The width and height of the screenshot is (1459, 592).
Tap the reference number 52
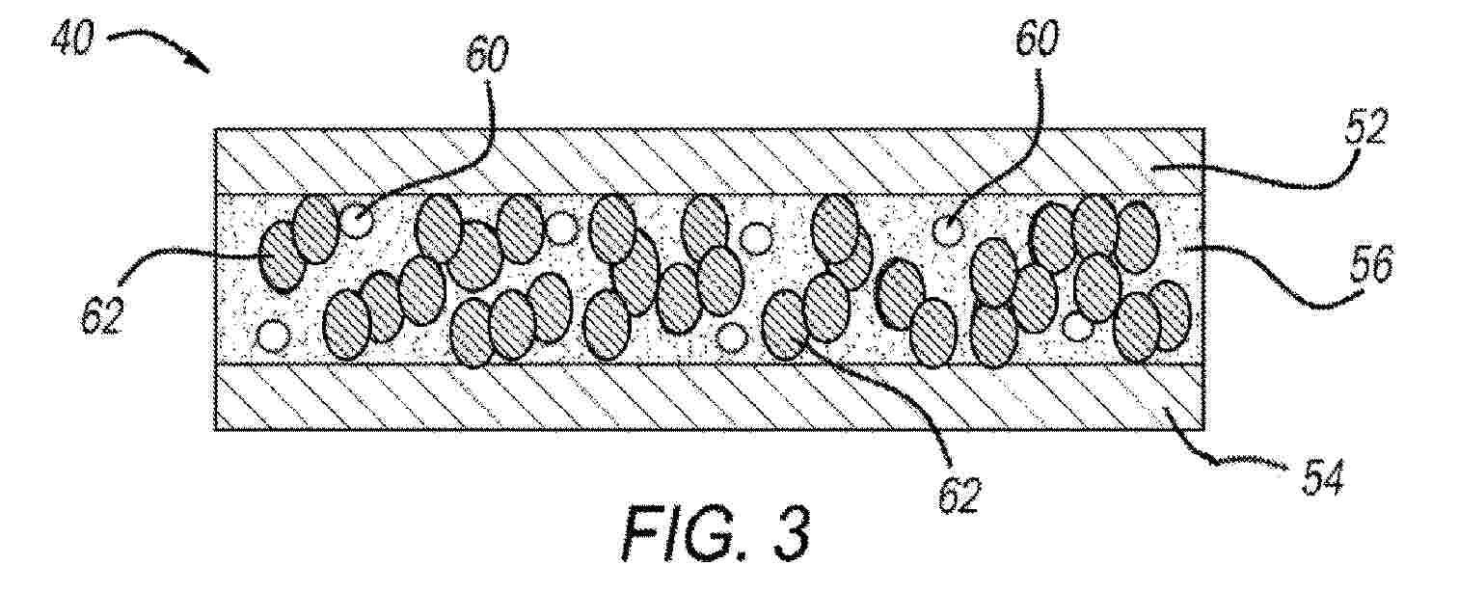[x=1365, y=129]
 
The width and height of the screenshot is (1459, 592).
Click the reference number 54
[x=1322, y=480]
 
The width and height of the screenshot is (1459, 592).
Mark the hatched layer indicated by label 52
[x=709, y=161]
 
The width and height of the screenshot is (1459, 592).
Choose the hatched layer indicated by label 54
[x=709, y=397]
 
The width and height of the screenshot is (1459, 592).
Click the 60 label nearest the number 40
[x=486, y=54]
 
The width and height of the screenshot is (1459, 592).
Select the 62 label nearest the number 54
[x=959, y=495]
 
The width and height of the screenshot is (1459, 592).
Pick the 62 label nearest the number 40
[x=102, y=316]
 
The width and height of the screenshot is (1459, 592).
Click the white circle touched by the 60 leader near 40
[x=358, y=222]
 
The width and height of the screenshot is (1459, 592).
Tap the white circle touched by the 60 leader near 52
[x=948, y=229]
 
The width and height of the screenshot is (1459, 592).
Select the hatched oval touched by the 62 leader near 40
[x=282, y=256]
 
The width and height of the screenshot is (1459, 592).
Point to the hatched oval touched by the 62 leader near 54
[x=787, y=325]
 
